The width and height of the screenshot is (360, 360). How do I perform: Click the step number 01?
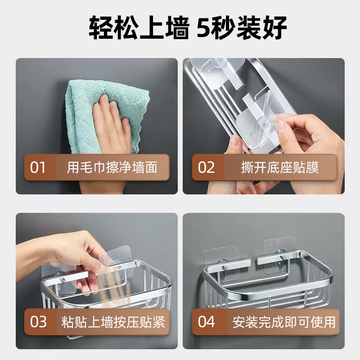pyautogui.click(x=38, y=167)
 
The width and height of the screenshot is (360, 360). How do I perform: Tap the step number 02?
pyautogui.click(x=206, y=167)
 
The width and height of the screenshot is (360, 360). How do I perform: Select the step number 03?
pyautogui.click(x=38, y=322)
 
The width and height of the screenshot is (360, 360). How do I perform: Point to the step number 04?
pyautogui.click(x=207, y=322)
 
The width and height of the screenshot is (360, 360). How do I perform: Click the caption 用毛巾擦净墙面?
pyautogui.click(x=112, y=167)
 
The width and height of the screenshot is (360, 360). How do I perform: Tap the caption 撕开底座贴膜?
pyautogui.click(x=280, y=167)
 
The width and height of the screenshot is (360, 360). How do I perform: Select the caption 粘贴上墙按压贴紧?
pyautogui.click(x=113, y=322)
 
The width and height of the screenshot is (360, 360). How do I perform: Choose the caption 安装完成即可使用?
pyautogui.click(x=284, y=322)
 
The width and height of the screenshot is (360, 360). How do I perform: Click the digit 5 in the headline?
pyautogui.click(x=203, y=27)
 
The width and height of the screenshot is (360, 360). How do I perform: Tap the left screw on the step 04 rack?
pyautogui.click(x=225, y=268)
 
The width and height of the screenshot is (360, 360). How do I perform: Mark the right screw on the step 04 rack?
pyautogui.click(x=283, y=258)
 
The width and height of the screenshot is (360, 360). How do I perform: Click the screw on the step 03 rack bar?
pyautogui.click(x=62, y=279)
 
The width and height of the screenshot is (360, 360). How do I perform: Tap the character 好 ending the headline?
pyautogui.click(x=274, y=27)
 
